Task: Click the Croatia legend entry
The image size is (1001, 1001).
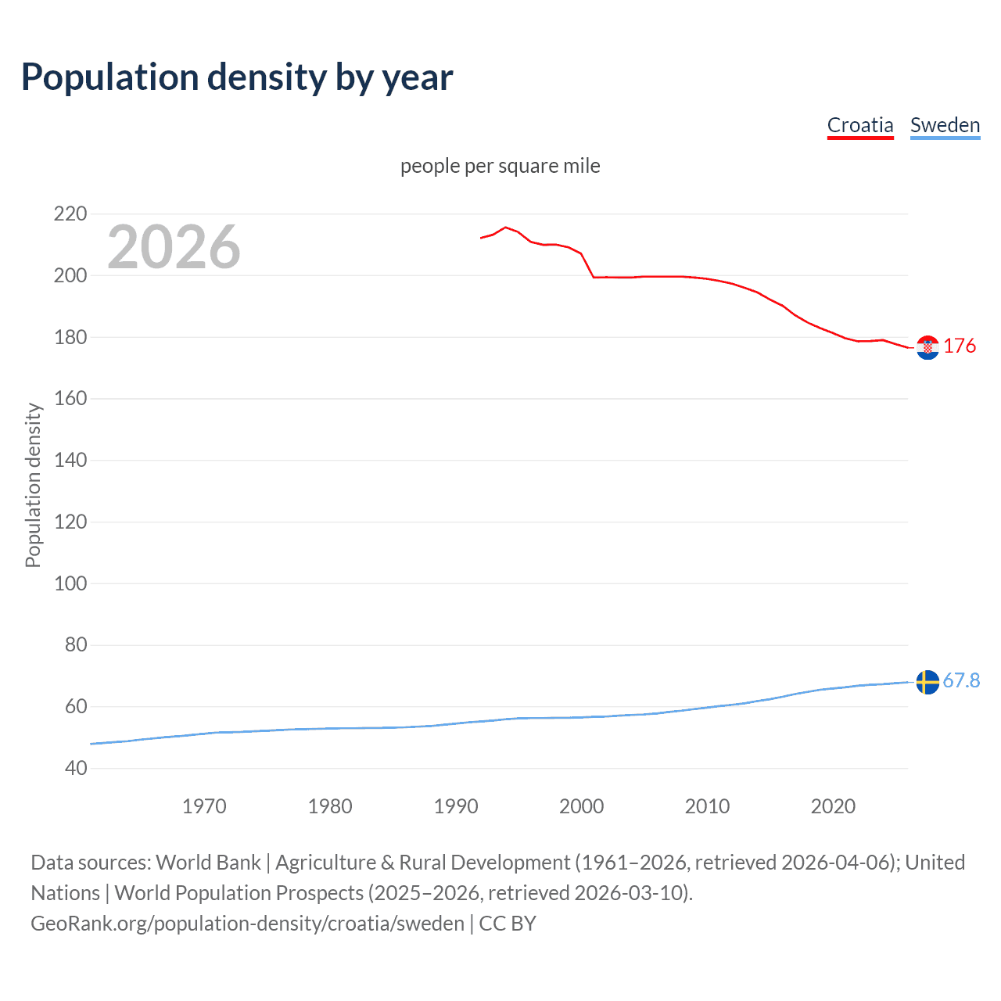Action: (859, 125)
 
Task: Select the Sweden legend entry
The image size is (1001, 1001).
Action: (945, 125)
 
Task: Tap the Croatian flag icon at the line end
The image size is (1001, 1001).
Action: (927, 347)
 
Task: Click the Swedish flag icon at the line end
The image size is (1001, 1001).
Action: (927, 682)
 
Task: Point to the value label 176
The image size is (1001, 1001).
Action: (960, 346)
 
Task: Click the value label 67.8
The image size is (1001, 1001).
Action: (961, 680)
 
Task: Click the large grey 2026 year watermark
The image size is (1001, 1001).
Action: (174, 247)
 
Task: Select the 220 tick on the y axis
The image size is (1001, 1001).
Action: (70, 213)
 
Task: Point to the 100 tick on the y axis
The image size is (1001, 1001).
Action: (70, 583)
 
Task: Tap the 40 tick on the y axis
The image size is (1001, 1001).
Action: (76, 768)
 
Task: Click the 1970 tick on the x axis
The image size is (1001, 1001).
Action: (204, 806)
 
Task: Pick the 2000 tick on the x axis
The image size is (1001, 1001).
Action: (581, 806)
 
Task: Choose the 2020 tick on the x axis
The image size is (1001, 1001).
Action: (833, 806)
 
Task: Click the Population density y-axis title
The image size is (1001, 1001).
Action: (33, 485)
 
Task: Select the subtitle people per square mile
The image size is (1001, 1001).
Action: (500, 166)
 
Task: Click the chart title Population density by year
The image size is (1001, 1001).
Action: (237, 77)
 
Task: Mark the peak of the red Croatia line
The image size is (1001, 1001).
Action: (505, 228)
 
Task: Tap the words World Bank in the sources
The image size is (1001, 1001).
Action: (208, 863)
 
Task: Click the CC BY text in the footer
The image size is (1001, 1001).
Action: (508, 924)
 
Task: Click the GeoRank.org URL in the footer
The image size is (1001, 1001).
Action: (247, 924)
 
